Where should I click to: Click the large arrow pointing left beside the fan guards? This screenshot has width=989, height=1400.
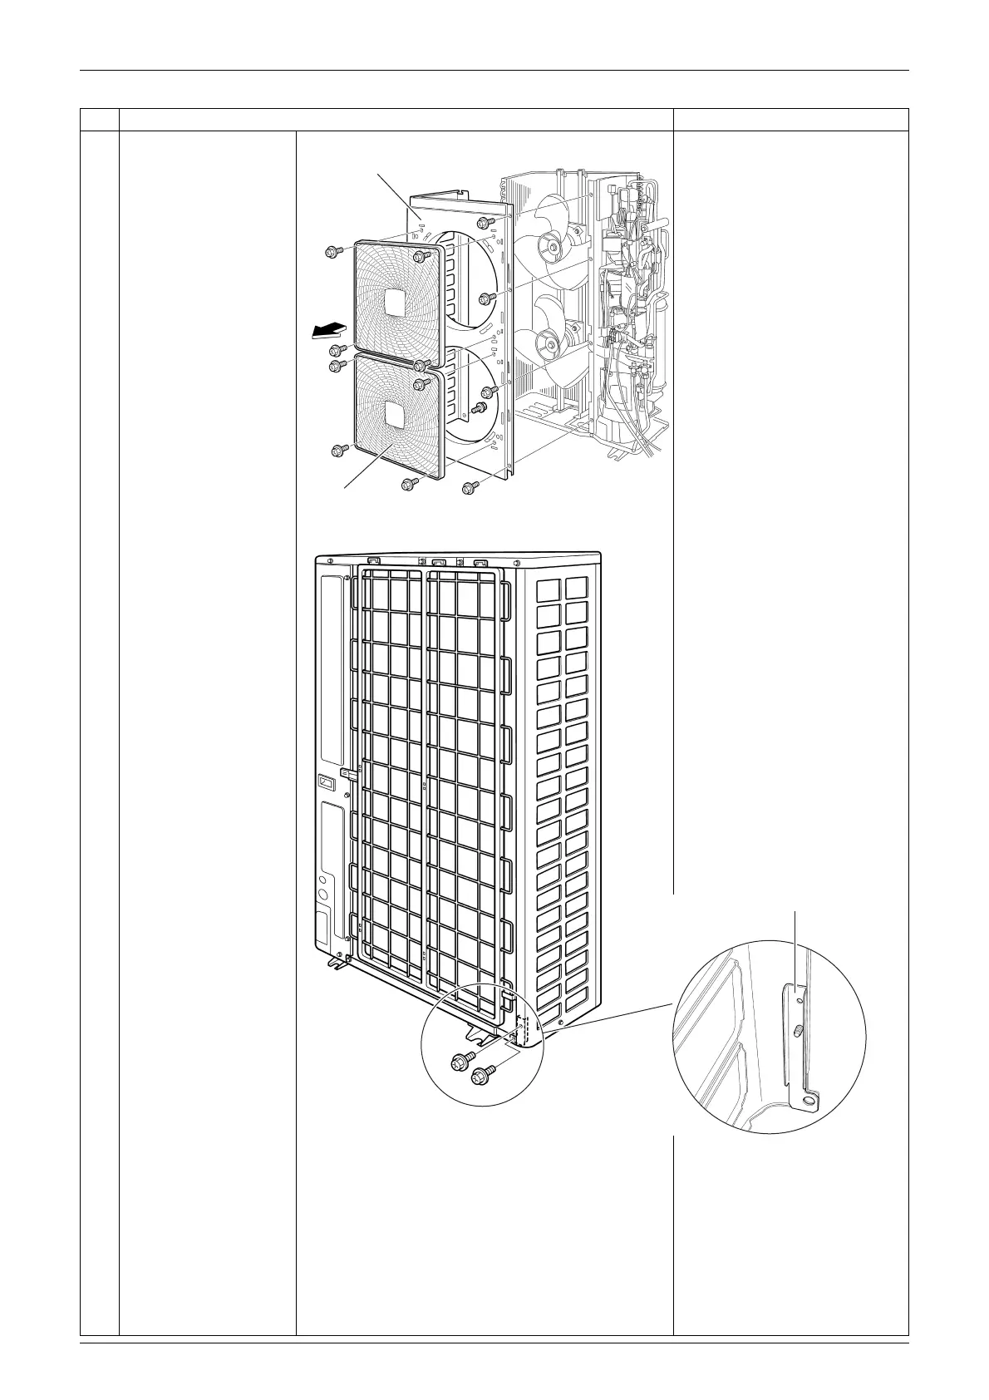[326, 332]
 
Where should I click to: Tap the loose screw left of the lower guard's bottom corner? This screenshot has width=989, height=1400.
[339, 450]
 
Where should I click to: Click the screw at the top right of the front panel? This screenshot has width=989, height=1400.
[483, 223]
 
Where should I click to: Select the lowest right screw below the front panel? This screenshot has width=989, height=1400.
[468, 489]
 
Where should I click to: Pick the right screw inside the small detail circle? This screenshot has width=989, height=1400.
[480, 1077]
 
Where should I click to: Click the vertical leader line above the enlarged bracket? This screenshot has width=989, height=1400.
[796, 948]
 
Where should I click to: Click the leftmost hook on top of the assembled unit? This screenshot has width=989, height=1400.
[374, 561]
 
